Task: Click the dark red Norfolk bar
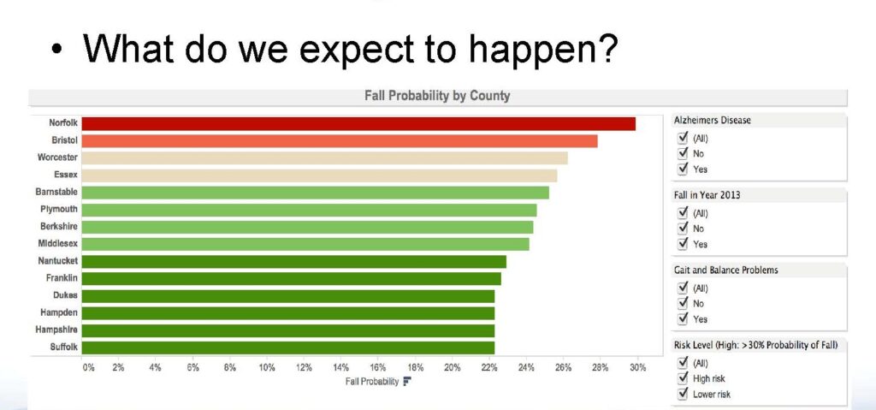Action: [x=358, y=123]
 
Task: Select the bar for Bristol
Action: [x=340, y=141]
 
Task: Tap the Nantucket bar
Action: [x=294, y=262]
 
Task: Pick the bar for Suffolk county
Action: [x=288, y=348]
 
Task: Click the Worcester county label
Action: [x=57, y=157]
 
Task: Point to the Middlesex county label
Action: [x=57, y=243]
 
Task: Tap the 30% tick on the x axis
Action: [x=637, y=367]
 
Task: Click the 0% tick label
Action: [x=88, y=367]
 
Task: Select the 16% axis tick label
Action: [x=377, y=367]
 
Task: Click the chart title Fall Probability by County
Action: [x=437, y=96]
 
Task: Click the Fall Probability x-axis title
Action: [x=372, y=382]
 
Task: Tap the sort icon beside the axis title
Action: [x=406, y=382]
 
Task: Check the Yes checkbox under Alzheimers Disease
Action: [x=682, y=169]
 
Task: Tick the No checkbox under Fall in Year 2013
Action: [x=682, y=229]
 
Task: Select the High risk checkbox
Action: [x=682, y=378]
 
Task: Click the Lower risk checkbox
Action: [x=682, y=394]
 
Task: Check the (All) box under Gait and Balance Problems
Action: [x=682, y=288]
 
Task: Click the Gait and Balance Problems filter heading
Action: [x=725, y=270]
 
